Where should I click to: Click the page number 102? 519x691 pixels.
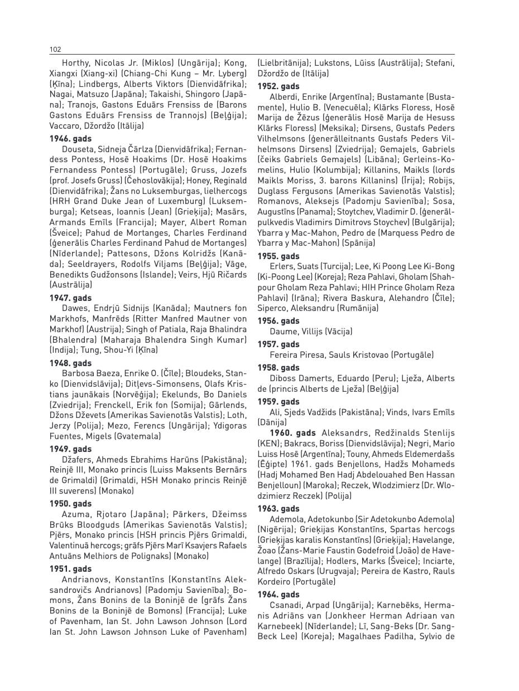[x=55, y=50]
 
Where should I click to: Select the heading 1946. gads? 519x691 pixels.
[x=71, y=138]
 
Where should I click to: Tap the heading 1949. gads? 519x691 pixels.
[x=71, y=449]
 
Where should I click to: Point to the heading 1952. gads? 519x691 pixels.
[x=278, y=86]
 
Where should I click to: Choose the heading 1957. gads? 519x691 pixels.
[x=278, y=344]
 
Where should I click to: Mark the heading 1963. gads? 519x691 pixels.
[x=278, y=509]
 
